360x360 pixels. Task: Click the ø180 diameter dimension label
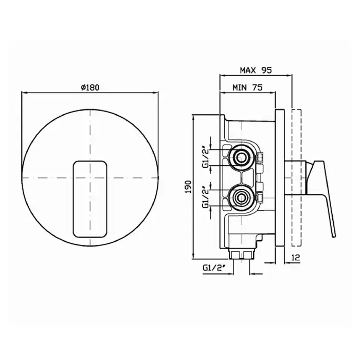click(90, 87)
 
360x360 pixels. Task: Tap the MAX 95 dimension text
click(256, 70)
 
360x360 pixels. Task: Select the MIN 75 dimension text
click(247, 87)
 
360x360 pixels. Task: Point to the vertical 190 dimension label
click(188, 187)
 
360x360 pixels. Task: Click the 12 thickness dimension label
click(296, 257)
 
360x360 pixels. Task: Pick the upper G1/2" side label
click(206, 158)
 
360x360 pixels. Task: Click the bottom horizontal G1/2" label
click(213, 268)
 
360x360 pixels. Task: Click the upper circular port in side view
click(241, 158)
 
